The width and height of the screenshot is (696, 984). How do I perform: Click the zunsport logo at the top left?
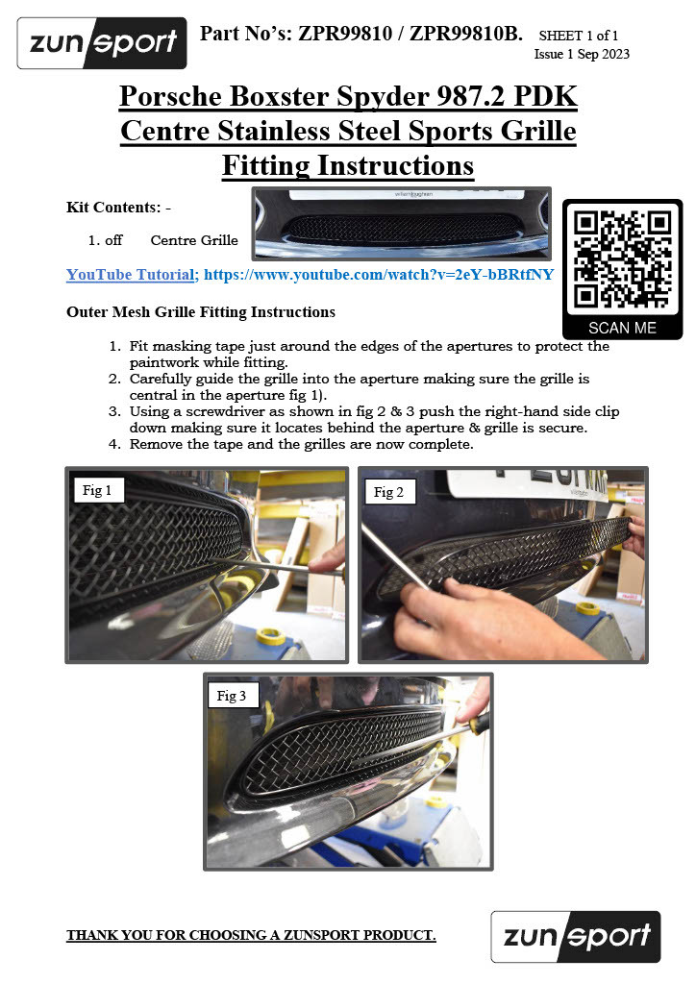tap(102, 42)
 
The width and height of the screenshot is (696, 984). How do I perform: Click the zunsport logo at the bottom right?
tap(576, 936)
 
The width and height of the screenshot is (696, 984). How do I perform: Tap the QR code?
tap(622, 259)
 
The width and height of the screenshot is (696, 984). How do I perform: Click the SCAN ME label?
tap(622, 328)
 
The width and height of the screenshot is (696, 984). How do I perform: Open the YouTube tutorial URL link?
tap(379, 274)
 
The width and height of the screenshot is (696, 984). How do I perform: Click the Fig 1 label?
tap(97, 490)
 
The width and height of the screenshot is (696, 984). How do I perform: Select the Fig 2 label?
tap(388, 492)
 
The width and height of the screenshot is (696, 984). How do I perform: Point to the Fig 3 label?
tap(232, 696)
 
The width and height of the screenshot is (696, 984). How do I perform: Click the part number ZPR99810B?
tap(465, 34)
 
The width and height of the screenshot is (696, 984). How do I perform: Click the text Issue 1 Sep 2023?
tap(582, 54)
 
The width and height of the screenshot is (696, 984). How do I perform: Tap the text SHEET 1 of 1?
tap(579, 36)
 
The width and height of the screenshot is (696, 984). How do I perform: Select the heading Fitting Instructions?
tap(348, 165)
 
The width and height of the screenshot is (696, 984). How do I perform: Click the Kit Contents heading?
tap(118, 208)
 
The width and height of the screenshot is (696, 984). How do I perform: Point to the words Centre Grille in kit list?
tap(194, 239)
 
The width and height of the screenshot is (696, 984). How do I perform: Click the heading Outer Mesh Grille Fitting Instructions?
tap(201, 312)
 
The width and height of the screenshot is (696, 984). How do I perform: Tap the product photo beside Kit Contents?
tap(402, 223)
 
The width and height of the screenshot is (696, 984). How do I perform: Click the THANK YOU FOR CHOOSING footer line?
tap(251, 935)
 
